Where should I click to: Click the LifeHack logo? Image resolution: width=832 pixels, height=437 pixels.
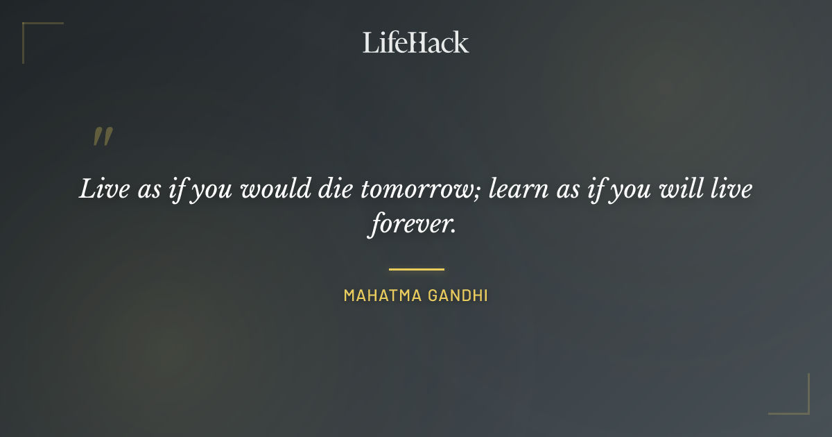tap(416, 42)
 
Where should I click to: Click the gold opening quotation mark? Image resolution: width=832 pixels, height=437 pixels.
tap(103, 137)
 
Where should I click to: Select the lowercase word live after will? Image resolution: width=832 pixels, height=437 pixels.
tap(727, 189)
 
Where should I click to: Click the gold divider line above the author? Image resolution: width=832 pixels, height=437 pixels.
tap(416, 269)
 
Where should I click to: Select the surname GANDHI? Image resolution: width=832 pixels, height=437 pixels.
tap(458, 295)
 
